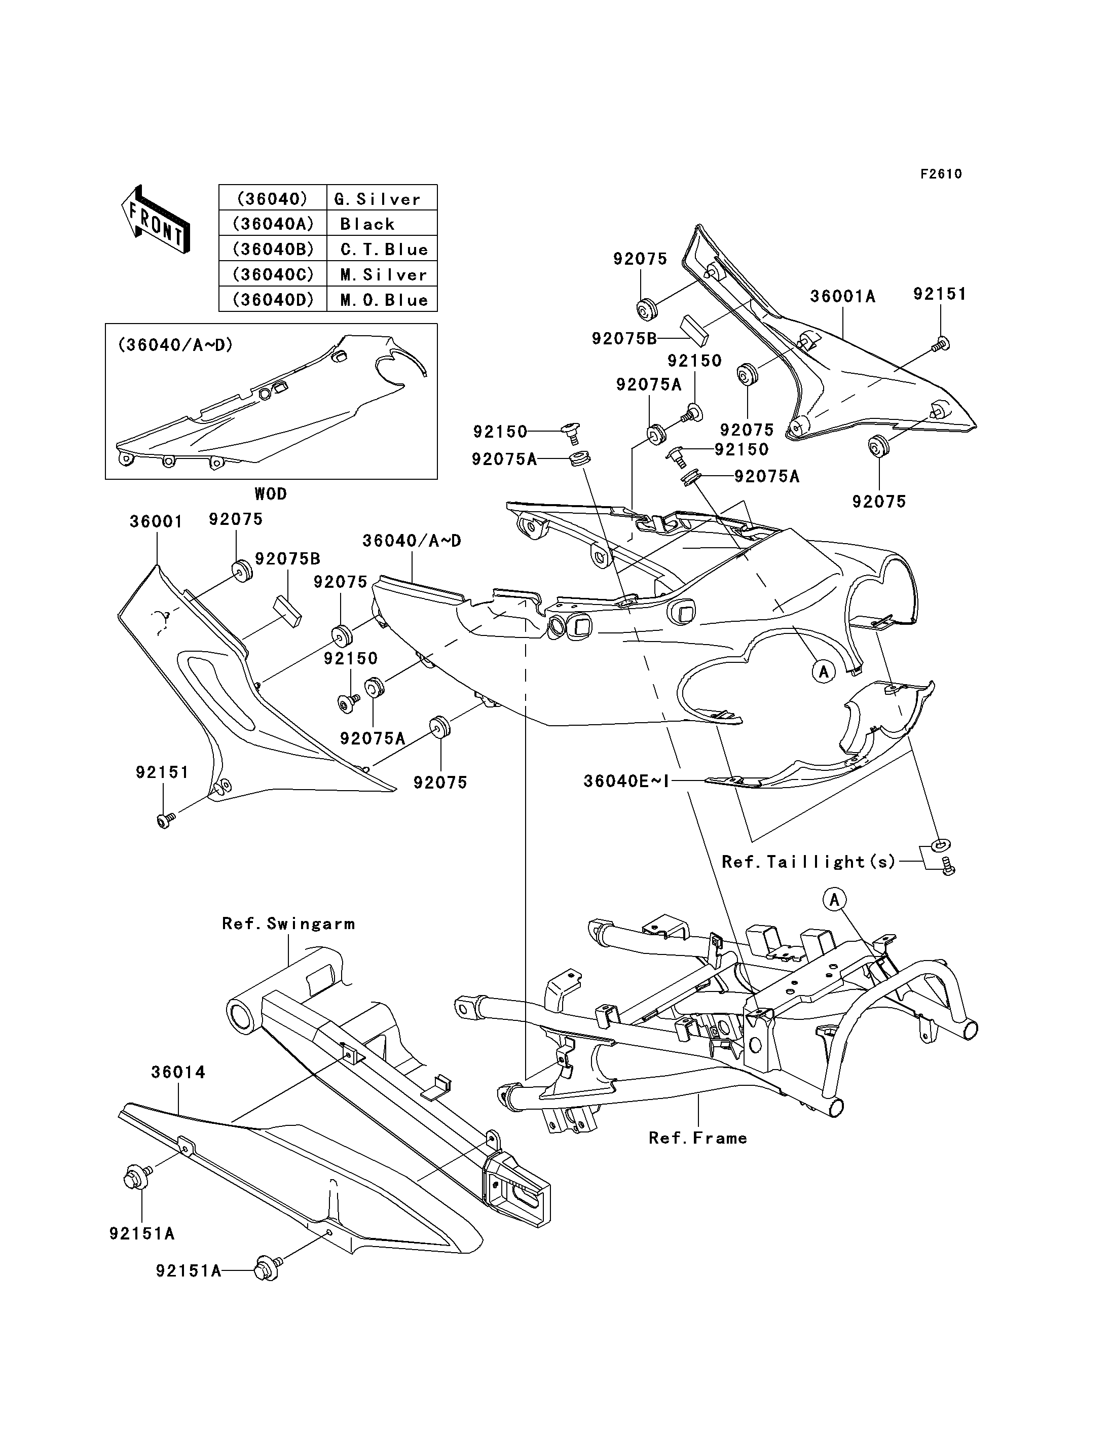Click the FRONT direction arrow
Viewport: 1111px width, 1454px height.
point(156,219)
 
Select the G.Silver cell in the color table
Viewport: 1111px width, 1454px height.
point(382,198)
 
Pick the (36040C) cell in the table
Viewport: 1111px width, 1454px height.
point(273,274)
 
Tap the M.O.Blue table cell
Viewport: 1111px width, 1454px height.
point(382,299)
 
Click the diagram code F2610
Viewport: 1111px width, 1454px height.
point(941,174)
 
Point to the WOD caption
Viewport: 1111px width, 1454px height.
point(271,494)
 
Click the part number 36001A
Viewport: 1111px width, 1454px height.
point(842,297)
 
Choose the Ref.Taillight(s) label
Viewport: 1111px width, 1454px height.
point(809,862)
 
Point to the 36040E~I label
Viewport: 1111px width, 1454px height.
point(626,781)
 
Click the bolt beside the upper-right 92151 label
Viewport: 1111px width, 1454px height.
point(941,344)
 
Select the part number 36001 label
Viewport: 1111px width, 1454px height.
point(156,521)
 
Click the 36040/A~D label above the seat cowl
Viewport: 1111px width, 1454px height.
point(412,541)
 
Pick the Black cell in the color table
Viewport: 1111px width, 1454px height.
point(382,224)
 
